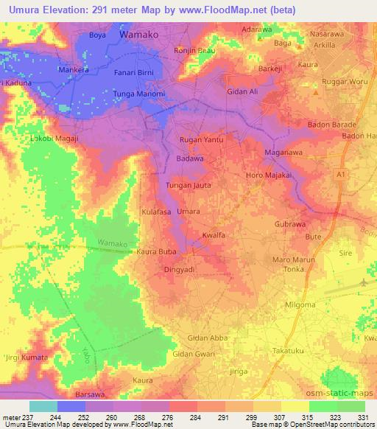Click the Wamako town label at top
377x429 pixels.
click(139, 35)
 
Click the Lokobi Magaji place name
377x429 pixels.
click(52, 137)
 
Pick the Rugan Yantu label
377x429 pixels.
click(201, 139)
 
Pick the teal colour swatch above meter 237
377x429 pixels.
click(43, 406)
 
